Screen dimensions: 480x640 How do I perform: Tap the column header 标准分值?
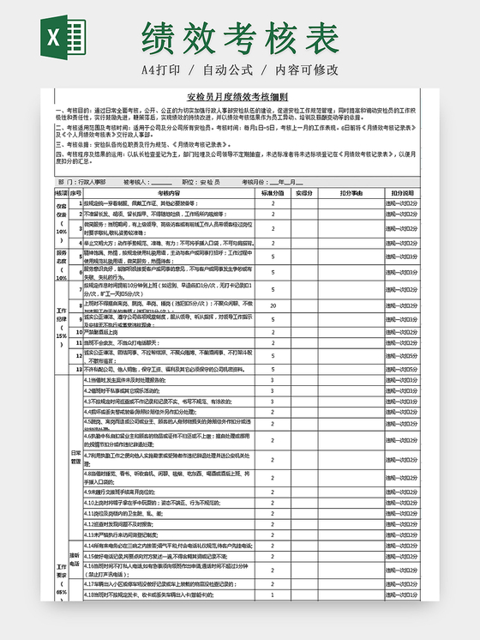pyautogui.click(x=272, y=193)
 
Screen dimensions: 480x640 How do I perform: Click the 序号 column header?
pyautogui.click(x=75, y=193)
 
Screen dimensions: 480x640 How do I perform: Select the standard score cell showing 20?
pyautogui.click(x=273, y=305)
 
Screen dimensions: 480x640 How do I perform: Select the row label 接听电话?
pyautogui.click(x=75, y=559)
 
